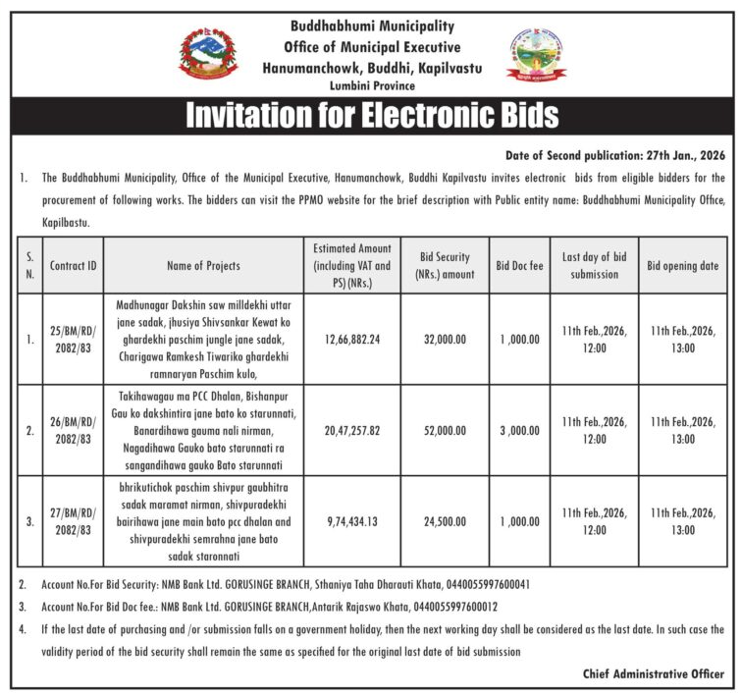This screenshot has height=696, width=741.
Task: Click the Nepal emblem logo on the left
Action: [208, 55]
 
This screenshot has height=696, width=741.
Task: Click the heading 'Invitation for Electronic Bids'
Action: [371, 115]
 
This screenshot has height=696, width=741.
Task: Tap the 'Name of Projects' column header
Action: [203, 265]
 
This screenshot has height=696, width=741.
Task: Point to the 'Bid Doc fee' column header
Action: [518, 265]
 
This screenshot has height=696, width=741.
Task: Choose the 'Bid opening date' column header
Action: [682, 265]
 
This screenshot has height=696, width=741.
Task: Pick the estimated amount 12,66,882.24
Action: [351, 339]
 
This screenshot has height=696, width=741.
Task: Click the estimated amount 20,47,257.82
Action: [351, 430]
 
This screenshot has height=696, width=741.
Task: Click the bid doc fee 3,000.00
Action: [518, 430]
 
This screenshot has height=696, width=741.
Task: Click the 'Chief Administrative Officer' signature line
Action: [652, 674]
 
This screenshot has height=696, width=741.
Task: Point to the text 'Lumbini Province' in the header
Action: [371, 86]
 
